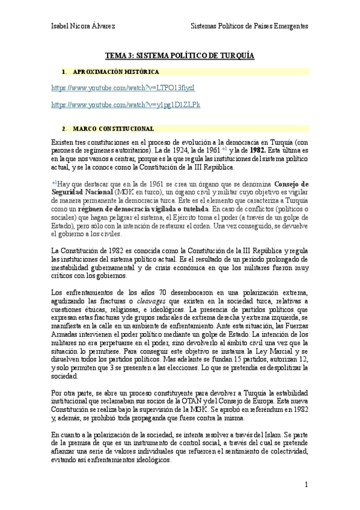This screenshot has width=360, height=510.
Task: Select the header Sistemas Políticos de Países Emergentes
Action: [249, 26]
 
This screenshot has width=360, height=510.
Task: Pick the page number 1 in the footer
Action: [307, 484]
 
